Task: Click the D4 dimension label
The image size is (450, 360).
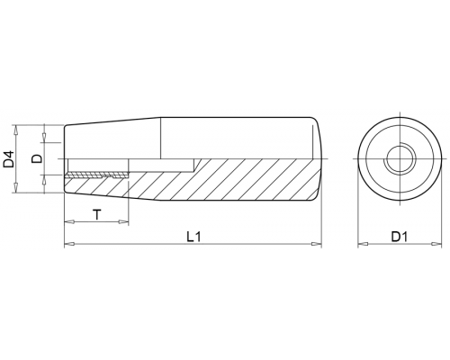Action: point(9,159)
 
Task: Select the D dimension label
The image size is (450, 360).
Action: point(38,158)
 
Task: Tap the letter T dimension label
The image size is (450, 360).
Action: point(96,215)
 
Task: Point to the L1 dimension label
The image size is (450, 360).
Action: point(193,237)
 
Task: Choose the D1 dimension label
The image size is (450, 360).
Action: point(400,237)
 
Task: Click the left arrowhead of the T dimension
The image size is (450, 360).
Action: point(69,222)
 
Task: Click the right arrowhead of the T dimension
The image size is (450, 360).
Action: point(123,222)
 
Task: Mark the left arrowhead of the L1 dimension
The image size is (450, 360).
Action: point(69,244)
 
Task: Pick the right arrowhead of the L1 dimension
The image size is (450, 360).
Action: point(317,244)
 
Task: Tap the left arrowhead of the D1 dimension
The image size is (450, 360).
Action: point(363,244)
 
